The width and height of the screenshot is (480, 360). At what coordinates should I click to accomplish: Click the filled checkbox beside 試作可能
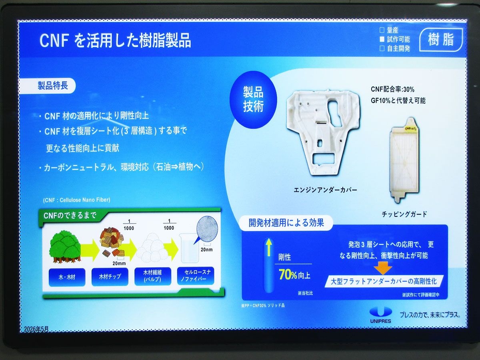[382, 39]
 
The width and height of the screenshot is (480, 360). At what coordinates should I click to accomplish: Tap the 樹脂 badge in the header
[441, 40]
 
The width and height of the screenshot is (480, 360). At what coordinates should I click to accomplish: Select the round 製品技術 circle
[253, 100]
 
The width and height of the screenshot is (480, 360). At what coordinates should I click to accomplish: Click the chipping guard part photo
[404, 160]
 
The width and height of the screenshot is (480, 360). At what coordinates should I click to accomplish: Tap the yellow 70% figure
[288, 274]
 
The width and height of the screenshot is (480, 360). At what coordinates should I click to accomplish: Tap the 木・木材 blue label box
[67, 277]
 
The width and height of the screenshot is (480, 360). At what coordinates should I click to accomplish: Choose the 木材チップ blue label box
[110, 277]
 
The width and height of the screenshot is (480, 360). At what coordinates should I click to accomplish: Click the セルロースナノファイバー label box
[196, 276]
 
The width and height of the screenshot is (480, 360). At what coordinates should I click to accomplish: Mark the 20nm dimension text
[206, 249]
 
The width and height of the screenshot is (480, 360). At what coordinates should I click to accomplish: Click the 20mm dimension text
[119, 263]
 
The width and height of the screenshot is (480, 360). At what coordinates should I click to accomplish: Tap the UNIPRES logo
[380, 315]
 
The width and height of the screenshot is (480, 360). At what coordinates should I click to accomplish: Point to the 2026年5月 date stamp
[36, 329]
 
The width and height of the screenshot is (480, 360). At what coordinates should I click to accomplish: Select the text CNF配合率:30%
[392, 89]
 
